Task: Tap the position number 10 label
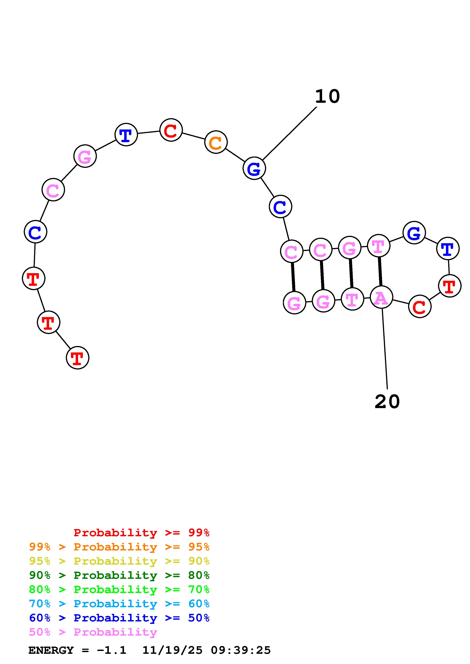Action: point(327,96)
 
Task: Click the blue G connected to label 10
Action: point(254,168)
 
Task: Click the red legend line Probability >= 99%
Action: point(141,533)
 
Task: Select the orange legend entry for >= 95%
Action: point(119,547)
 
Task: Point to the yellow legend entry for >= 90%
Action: point(119,561)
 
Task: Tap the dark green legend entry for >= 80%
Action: point(119,575)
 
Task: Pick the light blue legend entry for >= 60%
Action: point(119,604)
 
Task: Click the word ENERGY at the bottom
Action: point(51,650)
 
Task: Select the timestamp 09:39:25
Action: point(241,650)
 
